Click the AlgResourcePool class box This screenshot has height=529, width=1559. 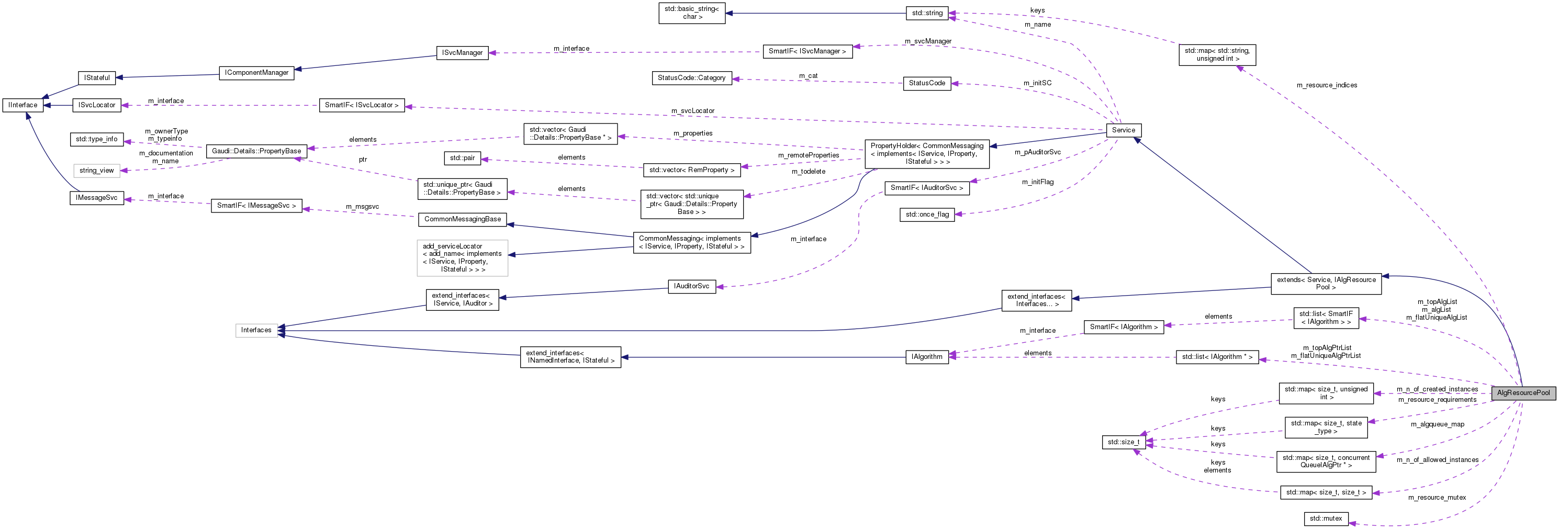[x=1523, y=393]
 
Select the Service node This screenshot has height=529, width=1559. [x=1123, y=130]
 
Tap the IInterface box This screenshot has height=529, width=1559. [x=23, y=105]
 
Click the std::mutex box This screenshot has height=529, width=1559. [x=1326, y=519]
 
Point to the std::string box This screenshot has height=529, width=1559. [x=927, y=13]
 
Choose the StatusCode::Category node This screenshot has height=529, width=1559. [x=691, y=78]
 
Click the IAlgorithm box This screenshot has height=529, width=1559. [x=927, y=357]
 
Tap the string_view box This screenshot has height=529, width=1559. [x=97, y=171]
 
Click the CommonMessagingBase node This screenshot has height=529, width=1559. [x=463, y=219]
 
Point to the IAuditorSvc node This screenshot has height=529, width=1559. [x=691, y=286]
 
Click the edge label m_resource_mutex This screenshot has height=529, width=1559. [x=1437, y=498]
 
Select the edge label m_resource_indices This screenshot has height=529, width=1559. [x=1327, y=85]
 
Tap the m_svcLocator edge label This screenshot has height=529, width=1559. [x=692, y=111]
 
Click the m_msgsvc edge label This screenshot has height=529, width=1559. [x=362, y=206]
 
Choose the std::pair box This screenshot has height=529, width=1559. [x=463, y=158]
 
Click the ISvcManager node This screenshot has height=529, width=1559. [x=462, y=53]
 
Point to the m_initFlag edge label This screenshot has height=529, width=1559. [x=1037, y=182]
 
